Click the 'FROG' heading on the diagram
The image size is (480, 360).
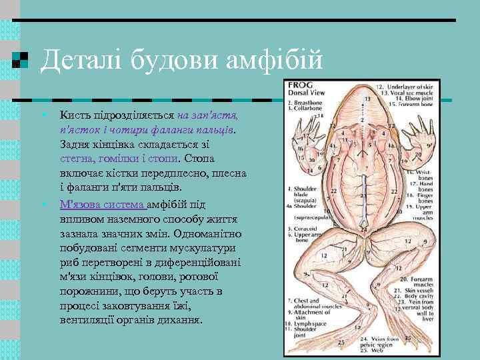(297, 86)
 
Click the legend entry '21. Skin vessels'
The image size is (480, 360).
(414, 291)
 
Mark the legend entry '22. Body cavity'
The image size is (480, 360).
(415, 297)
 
